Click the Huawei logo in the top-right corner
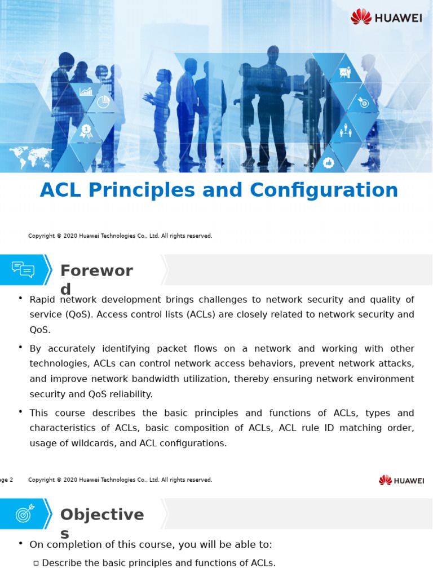click(386, 17)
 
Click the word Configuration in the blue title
click(324, 190)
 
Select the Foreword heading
click(96, 271)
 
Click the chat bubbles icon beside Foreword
click(23, 270)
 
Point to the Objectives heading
click(101, 515)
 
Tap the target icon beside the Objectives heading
click(24, 513)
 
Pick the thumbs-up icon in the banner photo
click(329, 163)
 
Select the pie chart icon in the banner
click(103, 101)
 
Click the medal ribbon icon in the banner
click(86, 131)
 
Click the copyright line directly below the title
click(120, 236)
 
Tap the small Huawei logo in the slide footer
click(401, 480)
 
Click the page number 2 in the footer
click(10, 480)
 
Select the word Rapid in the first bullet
click(42, 300)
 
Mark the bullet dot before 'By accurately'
click(21, 347)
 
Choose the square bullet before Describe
click(36, 563)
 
